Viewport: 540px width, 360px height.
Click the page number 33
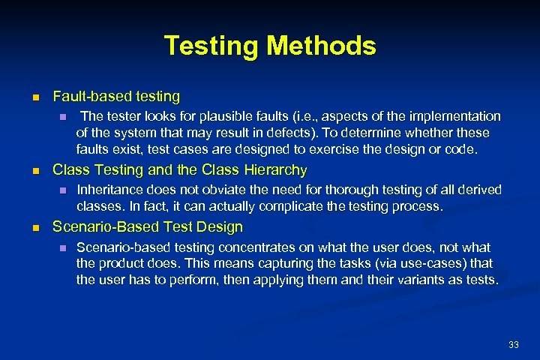514,344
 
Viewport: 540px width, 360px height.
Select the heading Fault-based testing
116,97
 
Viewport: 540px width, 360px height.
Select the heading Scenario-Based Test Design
148,226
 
